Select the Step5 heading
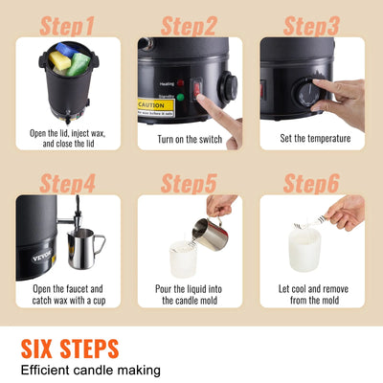(x=190, y=181)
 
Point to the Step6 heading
(x=312, y=181)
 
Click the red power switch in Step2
(x=197, y=88)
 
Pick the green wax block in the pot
(x=79, y=63)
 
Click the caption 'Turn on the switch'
(x=189, y=139)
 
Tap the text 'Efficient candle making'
(x=91, y=370)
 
